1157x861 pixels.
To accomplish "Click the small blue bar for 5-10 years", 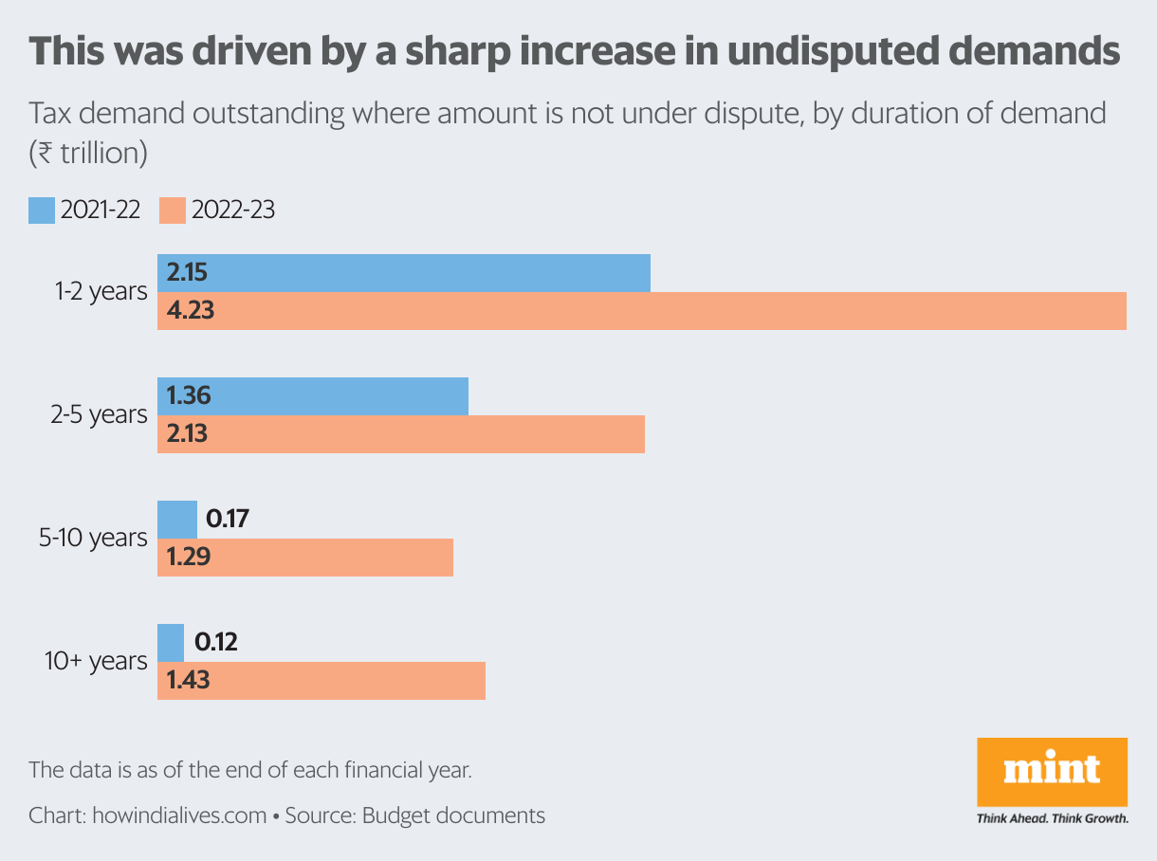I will point(177,520).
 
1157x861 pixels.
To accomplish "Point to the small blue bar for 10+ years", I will point(171,643).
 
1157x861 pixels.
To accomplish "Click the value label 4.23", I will point(191,311).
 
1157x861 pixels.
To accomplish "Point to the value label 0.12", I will point(215,643).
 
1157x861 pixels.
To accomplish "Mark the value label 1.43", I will point(189,681).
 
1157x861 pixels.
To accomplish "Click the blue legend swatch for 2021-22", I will point(42,210).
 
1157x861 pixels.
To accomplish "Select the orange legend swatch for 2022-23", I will point(173,210).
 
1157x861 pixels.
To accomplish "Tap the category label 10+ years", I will point(96,661).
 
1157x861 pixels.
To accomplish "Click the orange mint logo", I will point(1052,771).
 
